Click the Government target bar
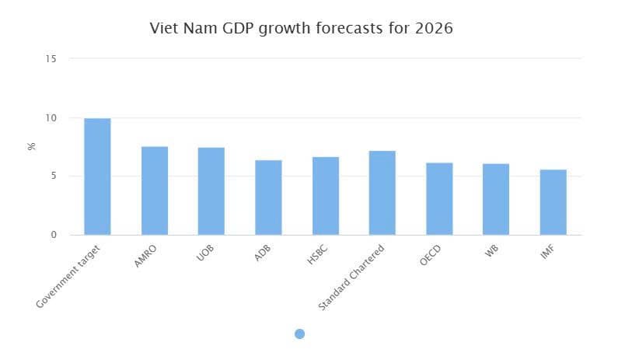[97, 177]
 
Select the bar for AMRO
[154, 190]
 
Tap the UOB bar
[211, 191]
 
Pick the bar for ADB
[268, 197]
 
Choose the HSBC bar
[326, 196]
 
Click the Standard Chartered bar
[382, 193]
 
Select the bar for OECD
[439, 199]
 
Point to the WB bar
[496, 199]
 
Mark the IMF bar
[553, 202]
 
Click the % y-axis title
[32, 146]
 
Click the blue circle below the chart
[300, 334]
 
